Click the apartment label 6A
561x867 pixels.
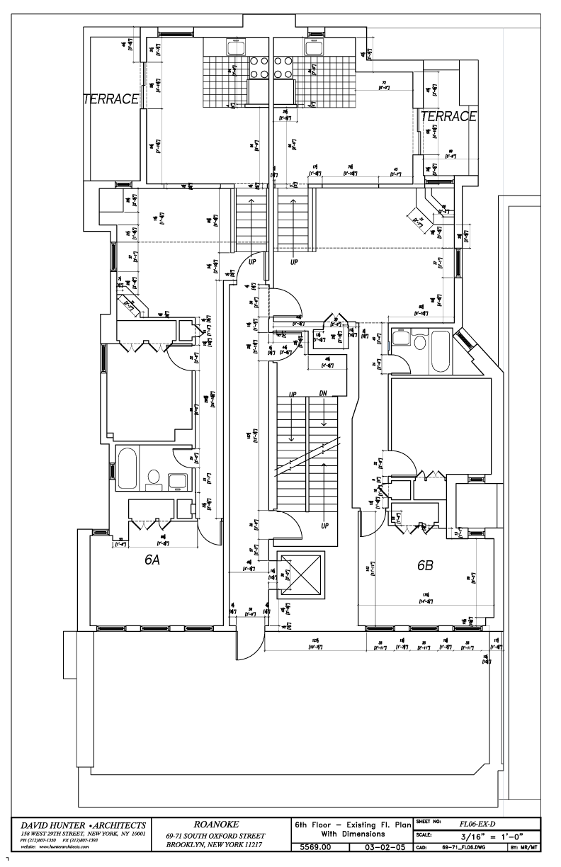coord(152,560)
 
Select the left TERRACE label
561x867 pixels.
coord(110,99)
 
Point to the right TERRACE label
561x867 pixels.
coord(448,117)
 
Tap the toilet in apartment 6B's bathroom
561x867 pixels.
coord(420,344)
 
